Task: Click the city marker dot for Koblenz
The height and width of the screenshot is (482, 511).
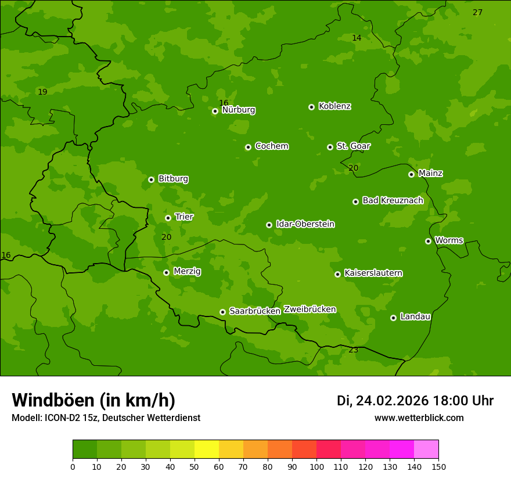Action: click(311, 107)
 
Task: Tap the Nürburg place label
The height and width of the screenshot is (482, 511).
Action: click(238, 110)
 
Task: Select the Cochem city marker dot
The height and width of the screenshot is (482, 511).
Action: click(248, 147)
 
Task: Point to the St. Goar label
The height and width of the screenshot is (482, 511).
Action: click(353, 146)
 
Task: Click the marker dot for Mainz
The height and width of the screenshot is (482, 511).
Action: click(411, 174)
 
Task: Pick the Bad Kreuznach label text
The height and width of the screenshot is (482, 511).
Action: click(393, 200)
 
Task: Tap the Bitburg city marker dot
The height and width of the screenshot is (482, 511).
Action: click(151, 179)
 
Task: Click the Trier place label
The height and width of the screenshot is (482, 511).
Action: click(184, 217)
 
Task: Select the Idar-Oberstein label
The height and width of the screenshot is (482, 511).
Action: click(305, 224)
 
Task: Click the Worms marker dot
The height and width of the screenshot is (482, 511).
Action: click(428, 241)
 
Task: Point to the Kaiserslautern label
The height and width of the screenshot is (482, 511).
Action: click(373, 273)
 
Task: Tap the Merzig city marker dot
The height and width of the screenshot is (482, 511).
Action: click(166, 272)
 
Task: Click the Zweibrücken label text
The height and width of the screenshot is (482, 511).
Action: click(310, 309)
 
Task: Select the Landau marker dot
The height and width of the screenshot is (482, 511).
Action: click(393, 318)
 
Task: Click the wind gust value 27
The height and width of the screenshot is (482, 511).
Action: click(477, 13)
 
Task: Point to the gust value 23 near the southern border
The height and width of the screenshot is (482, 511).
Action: click(353, 350)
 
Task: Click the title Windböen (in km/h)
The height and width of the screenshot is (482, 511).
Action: click(93, 400)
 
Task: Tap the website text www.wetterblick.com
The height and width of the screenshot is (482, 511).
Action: click(419, 418)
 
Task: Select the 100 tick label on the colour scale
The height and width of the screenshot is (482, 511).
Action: click(316, 466)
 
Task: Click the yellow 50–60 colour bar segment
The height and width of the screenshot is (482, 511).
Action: click(207, 449)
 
